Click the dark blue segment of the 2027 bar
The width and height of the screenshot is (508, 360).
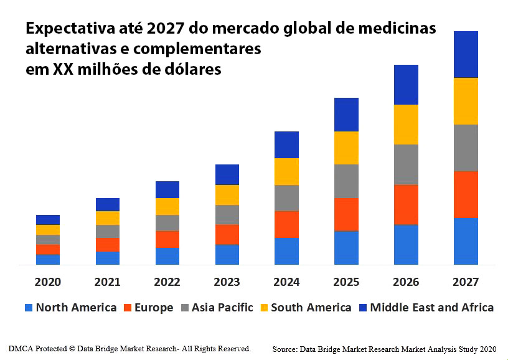tap(466, 54)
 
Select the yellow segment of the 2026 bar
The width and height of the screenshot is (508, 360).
tap(406, 125)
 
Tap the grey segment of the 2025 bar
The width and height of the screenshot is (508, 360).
tap(346, 181)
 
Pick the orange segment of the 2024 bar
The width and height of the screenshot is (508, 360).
tap(286, 224)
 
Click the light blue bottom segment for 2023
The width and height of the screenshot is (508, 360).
tap(227, 255)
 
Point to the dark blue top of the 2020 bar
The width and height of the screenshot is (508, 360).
tap(48, 219)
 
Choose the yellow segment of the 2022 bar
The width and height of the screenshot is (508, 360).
tap(167, 206)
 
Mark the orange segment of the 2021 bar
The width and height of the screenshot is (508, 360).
tap(108, 244)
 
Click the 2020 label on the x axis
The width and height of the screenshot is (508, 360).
tap(48, 282)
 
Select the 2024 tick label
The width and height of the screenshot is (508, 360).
tap(286, 282)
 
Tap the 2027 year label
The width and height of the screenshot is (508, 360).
tap(466, 282)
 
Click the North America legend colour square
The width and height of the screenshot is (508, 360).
tap(28, 308)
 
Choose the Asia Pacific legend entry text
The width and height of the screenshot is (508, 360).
tap(222, 308)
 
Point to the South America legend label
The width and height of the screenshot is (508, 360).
tap(311, 308)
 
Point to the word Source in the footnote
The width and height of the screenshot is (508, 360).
tap(286, 349)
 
